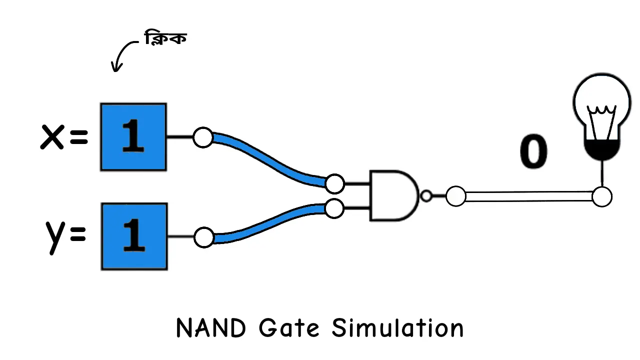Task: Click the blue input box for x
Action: pos(133,137)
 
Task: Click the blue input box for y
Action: pos(134,236)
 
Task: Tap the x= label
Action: pos(64,137)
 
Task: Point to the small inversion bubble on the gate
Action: pos(426,196)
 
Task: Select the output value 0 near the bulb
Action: pos(533,152)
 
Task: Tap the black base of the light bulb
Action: pos(602,149)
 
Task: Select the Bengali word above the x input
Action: pos(165,38)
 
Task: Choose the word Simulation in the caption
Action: pos(397,328)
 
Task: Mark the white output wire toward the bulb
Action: pos(528,196)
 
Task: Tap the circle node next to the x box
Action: pos(203,137)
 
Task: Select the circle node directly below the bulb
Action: pos(602,196)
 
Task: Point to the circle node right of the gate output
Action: pos(455,196)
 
